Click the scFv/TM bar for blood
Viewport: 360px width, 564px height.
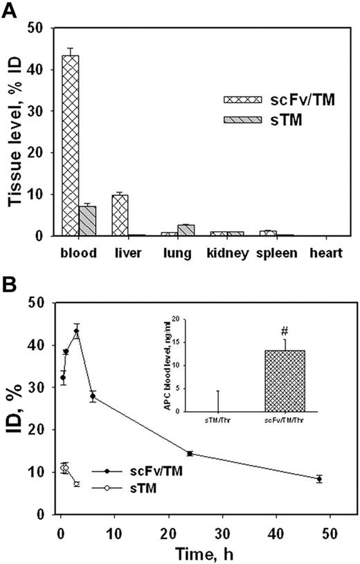71,145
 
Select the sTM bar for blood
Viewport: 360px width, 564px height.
88,221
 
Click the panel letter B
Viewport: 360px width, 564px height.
10,284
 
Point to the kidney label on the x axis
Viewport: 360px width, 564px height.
230,254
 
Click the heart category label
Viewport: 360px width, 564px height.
325,254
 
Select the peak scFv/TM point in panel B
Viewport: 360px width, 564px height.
77,331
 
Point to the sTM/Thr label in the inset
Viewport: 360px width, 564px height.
219,419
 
